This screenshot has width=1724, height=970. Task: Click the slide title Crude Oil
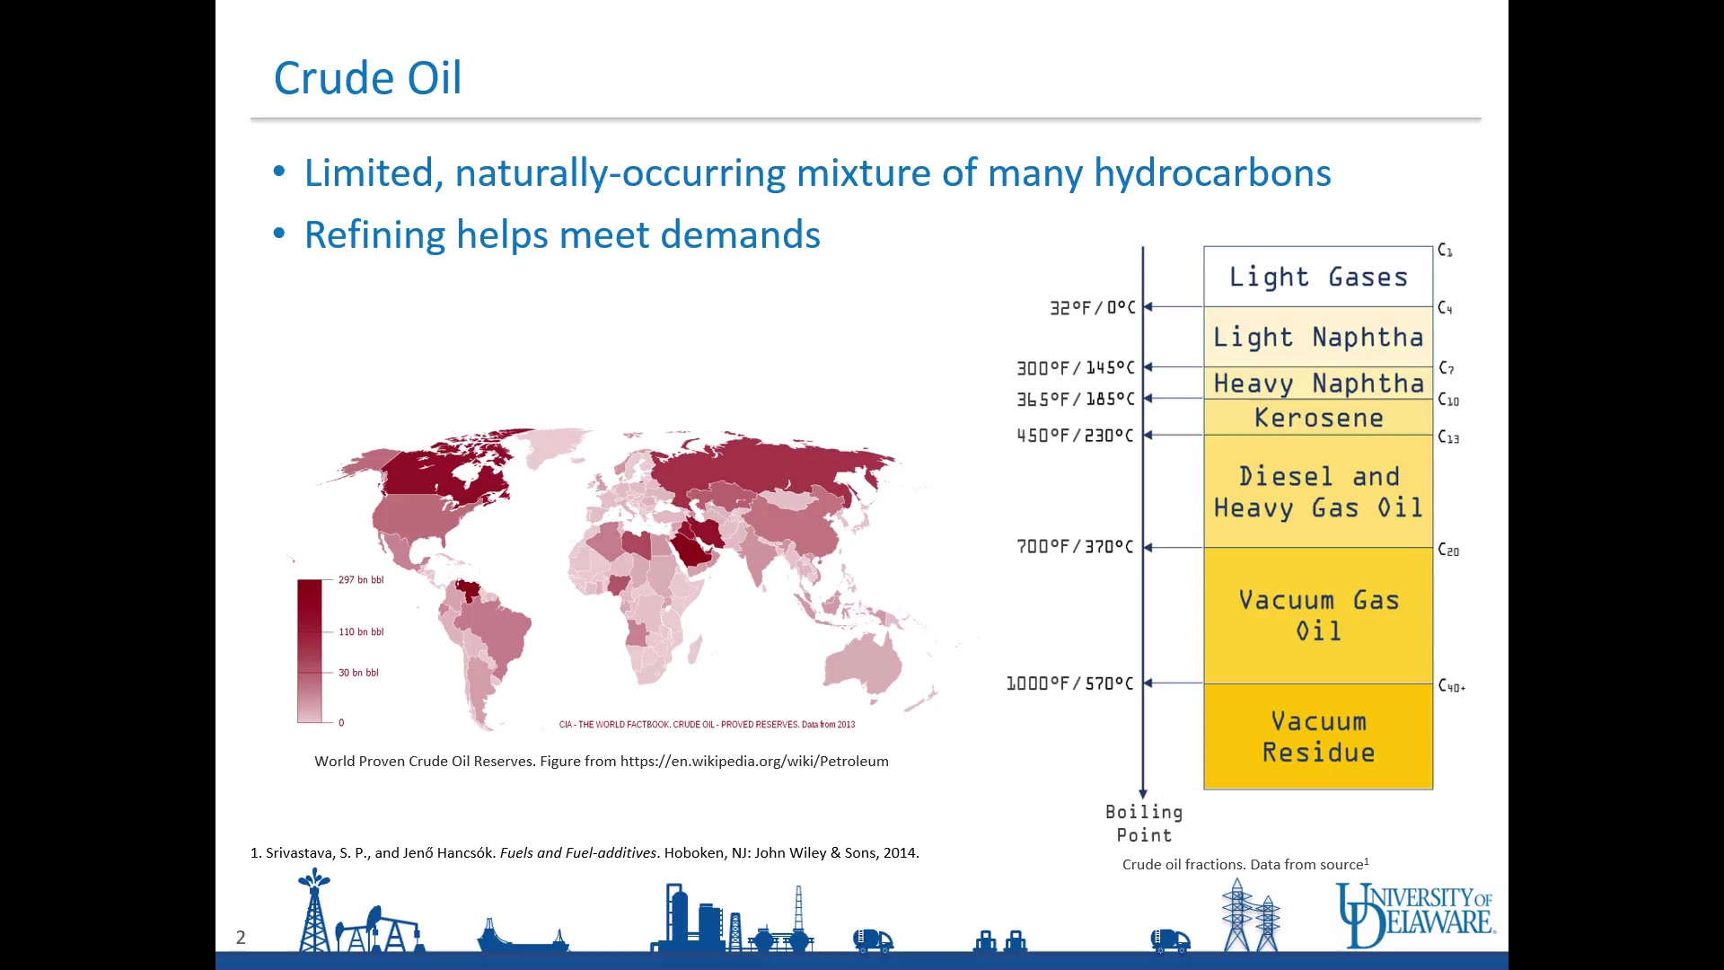click(367, 78)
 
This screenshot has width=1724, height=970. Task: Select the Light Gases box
click(1318, 277)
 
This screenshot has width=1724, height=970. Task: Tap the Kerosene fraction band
click(1318, 418)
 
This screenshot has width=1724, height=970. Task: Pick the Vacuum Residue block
click(1318, 736)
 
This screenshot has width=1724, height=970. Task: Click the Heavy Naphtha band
click(1318, 384)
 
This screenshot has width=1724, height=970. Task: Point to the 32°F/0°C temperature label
click(1093, 308)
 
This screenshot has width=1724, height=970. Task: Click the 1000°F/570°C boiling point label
click(1069, 683)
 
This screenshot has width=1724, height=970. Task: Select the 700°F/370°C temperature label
click(1075, 547)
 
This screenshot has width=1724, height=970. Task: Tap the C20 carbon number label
click(1448, 550)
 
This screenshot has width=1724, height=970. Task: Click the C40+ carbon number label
click(1452, 686)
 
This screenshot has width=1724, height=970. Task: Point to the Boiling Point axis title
click(1144, 824)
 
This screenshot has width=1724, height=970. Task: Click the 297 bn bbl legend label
click(361, 580)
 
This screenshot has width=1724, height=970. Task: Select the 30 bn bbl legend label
click(358, 673)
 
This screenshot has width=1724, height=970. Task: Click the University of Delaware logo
click(1414, 914)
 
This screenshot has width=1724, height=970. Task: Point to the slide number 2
click(241, 938)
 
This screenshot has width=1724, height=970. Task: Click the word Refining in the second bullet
click(374, 235)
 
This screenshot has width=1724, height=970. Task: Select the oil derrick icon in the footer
click(313, 911)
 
